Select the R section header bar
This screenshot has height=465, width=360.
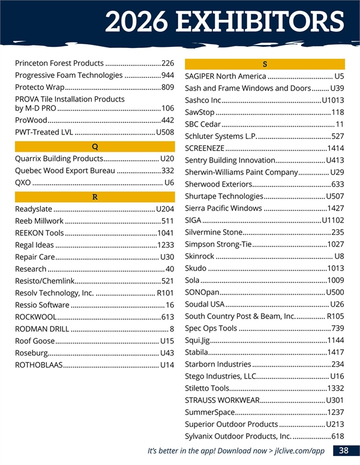tap(95, 197)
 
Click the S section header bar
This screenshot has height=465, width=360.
tap(265, 64)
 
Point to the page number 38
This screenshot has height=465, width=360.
tap(344, 451)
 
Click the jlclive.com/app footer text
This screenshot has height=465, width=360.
tap(297, 451)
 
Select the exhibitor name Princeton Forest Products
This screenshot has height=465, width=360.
tap(59, 63)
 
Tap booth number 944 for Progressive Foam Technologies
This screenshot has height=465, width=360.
tap(167, 76)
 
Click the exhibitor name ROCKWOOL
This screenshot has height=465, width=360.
tap(36, 317)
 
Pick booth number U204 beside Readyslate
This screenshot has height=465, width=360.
tap(165, 209)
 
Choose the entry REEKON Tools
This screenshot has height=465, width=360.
tap(40, 233)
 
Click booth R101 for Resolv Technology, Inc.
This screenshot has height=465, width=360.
tap(165, 293)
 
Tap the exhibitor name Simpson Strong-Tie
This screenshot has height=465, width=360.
tap(218, 244)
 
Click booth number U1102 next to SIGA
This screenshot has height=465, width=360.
tap(333, 220)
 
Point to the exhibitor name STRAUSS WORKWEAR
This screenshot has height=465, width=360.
tap(222, 400)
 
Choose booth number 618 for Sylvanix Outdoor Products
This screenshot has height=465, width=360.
tap(337, 436)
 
